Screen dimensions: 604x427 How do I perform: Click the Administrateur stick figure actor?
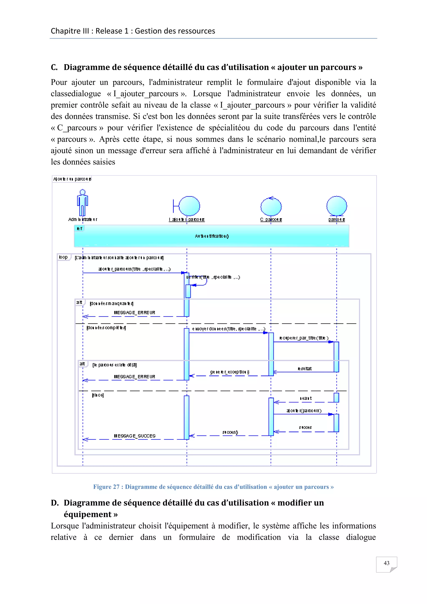(83, 203)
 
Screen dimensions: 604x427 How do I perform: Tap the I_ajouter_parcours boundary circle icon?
(189, 206)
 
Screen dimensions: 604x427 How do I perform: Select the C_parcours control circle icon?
(271, 207)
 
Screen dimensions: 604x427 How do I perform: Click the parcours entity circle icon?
(337, 206)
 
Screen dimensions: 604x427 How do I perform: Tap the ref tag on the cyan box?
(79, 229)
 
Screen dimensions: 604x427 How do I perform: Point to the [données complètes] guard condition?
(106, 328)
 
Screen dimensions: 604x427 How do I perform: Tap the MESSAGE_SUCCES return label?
(135, 436)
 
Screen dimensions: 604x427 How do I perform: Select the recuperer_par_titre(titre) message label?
(304, 338)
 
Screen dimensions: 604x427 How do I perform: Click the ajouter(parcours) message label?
(304, 410)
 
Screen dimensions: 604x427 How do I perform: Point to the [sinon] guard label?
(98, 395)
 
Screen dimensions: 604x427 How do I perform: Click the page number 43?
(386, 563)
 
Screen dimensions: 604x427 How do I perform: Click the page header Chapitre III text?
(133, 31)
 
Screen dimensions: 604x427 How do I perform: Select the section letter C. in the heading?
(54, 67)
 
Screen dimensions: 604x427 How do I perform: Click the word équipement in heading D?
(88, 514)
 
